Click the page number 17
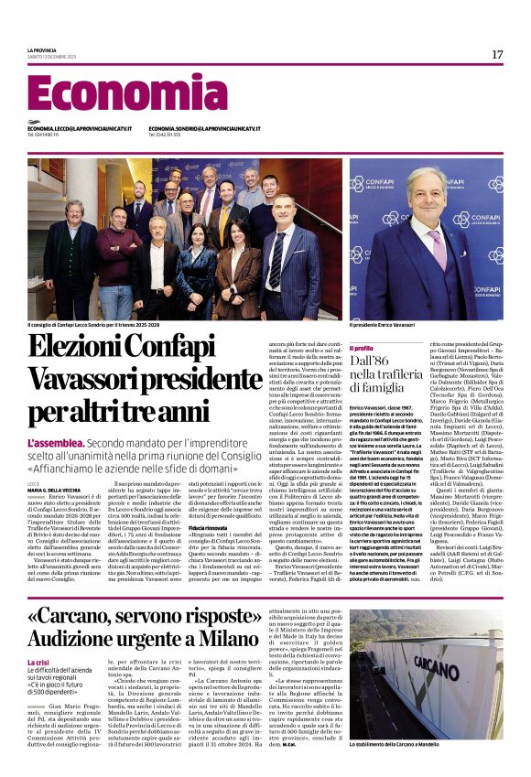(x=496, y=55)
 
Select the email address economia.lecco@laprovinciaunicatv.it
(x=80, y=129)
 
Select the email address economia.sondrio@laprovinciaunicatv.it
(x=204, y=129)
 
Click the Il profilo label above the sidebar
(x=362, y=348)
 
